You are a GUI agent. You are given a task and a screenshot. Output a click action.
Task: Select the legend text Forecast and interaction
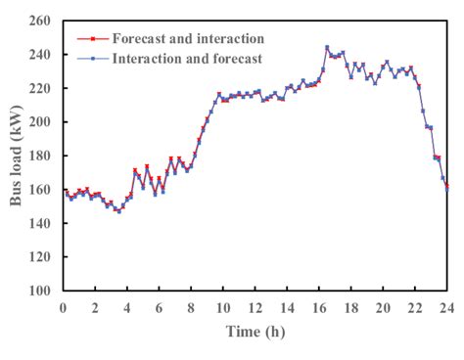[x=188, y=39]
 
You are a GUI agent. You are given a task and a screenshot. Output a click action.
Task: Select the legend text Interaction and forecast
[x=188, y=59]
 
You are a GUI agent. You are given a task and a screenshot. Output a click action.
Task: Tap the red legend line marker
[x=92, y=39]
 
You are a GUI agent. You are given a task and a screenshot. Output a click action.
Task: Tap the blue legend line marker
[x=92, y=59]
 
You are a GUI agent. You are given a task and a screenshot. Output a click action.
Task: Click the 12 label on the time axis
[x=255, y=307]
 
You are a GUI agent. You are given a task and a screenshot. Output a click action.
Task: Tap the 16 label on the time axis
[x=319, y=307]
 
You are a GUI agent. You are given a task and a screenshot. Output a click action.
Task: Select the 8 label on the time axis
[x=192, y=307]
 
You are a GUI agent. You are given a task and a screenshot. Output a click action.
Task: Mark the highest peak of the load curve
[x=327, y=47]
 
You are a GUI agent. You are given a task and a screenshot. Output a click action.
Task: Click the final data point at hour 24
[x=447, y=185]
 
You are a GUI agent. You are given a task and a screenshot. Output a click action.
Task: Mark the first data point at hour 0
[x=65, y=191]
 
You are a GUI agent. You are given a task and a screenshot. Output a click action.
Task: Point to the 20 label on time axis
[x=384, y=307]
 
